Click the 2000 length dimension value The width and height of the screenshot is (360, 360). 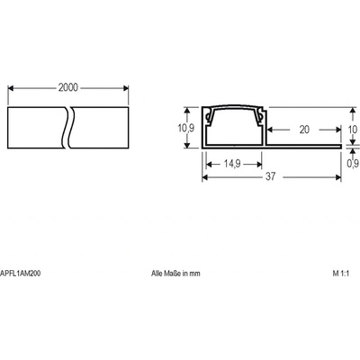pyautogui.click(x=68, y=87)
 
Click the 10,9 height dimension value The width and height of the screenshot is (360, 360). pyautogui.click(x=186, y=128)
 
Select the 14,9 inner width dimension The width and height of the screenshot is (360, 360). pyautogui.click(x=232, y=164)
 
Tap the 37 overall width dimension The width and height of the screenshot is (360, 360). pyautogui.click(x=270, y=176)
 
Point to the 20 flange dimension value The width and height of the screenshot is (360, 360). pyautogui.click(x=304, y=130)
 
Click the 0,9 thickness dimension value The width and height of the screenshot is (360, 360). pyautogui.click(x=353, y=164)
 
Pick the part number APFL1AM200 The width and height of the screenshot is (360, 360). pyautogui.click(x=20, y=274)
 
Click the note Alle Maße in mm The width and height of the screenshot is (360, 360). pyautogui.click(x=175, y=274)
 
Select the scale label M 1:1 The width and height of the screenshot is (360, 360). pyautogui.click(x=341, y=274)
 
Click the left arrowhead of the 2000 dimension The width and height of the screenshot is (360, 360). pyautogui.click(x=11, y=88)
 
